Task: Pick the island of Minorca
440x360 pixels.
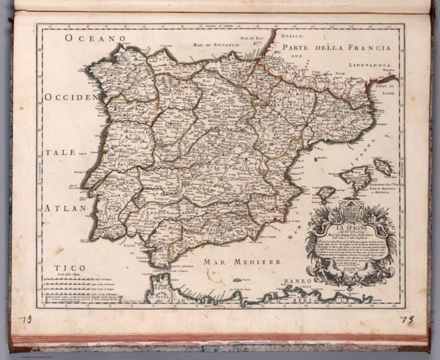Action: click(383, 167)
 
